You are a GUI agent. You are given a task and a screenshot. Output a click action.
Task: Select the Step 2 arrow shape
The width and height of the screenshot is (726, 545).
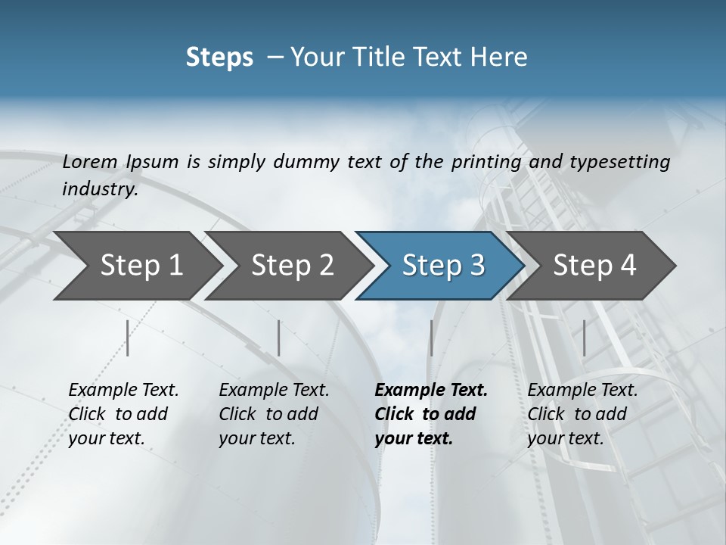tap(291, 266)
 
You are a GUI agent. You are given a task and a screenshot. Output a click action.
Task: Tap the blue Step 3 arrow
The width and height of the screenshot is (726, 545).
tap(442, 266)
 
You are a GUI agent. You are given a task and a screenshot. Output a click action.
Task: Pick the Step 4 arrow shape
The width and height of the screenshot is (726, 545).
tap(594, 266)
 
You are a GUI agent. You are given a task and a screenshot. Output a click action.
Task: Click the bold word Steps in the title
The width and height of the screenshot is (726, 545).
tap(219, 58)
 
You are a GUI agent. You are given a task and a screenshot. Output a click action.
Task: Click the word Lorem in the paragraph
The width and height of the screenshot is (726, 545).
tap(89, 162)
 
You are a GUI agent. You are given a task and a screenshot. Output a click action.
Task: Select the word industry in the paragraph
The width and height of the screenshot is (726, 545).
tap(100, 189)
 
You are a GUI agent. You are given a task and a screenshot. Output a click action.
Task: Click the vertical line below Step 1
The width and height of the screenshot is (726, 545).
tap(128, 338)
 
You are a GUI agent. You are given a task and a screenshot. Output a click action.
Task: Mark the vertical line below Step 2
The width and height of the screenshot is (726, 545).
tap(279, 338)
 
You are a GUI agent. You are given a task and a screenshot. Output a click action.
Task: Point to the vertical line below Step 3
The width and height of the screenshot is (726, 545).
tap(431, 338)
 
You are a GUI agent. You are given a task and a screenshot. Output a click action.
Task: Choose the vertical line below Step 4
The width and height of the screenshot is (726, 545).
tap(584, 338)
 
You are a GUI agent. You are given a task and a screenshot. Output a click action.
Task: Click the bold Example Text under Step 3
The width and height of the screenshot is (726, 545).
tap(431, 391)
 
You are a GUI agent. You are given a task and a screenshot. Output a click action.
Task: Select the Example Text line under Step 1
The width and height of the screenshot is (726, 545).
tap(123, 391)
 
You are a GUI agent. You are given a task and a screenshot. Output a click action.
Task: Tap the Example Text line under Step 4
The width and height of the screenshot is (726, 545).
tap(582, 391)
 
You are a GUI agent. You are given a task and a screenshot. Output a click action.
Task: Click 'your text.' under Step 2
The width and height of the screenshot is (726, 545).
tap(256, 438)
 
